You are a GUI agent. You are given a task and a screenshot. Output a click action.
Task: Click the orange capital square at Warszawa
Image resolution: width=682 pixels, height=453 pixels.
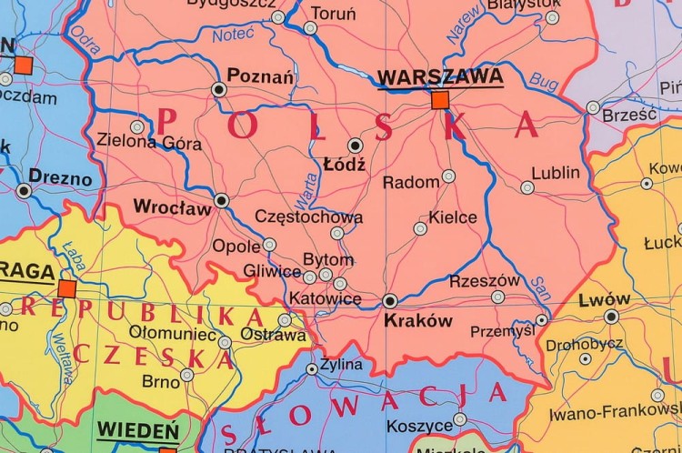440,99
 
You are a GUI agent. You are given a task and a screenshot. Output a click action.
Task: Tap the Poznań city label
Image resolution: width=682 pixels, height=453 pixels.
260,75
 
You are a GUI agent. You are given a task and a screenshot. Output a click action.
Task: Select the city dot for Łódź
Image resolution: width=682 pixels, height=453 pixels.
355,145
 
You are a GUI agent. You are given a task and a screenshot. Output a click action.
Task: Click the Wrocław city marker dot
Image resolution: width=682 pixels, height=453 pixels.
221,200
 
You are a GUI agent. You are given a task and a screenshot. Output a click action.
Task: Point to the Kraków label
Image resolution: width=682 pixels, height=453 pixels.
417,320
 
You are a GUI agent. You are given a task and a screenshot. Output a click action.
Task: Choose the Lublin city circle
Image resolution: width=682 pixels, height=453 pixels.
527,187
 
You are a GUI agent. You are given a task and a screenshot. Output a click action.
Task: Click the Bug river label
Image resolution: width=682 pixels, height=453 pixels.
544,83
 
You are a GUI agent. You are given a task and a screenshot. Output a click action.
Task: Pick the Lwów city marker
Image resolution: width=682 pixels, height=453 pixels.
611,317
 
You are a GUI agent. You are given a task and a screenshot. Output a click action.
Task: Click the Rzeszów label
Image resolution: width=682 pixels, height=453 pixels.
485,281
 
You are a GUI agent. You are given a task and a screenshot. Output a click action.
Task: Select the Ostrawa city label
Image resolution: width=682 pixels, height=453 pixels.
273,336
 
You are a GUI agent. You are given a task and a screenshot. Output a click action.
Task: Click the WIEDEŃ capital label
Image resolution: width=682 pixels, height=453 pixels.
137,429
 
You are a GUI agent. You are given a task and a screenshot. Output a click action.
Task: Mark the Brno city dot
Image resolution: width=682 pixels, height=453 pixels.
186,375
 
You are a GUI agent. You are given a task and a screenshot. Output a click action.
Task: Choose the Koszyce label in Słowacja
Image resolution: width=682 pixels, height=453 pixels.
419,426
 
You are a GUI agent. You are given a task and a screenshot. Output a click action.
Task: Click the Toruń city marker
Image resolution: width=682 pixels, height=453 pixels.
310,28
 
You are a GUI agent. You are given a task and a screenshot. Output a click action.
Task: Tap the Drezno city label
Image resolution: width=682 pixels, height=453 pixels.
60,177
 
